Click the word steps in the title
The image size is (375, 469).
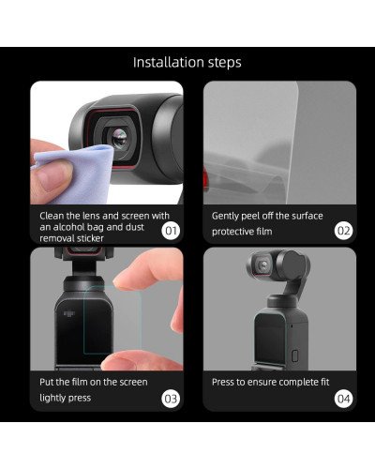pyautogui.click(x=223, y=64)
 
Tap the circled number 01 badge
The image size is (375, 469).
pyautogui.click(x=172, y=230)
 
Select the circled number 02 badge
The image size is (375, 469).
pyautogui.click(x=342, y=230)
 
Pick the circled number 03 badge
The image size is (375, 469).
pyautogui.click(x=172, y=397)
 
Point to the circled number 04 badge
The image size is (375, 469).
pyautogui.click(x=342, y=397)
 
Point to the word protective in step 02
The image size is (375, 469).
pyautogui.click(x=234, y=232)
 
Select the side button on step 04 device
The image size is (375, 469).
pyautogui.click(x=293, y=356)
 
